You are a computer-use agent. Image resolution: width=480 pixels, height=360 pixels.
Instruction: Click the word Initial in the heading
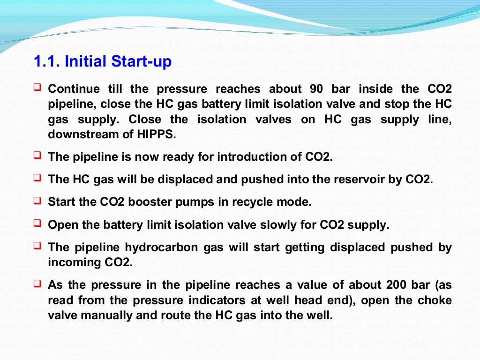pyautogui.click(x=86, y=61)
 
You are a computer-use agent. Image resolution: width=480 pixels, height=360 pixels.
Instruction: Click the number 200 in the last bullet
pyautogui.click(x=397, y=285)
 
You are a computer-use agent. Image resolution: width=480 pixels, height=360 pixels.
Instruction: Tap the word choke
pyautogui.click(x=437, y=300)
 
